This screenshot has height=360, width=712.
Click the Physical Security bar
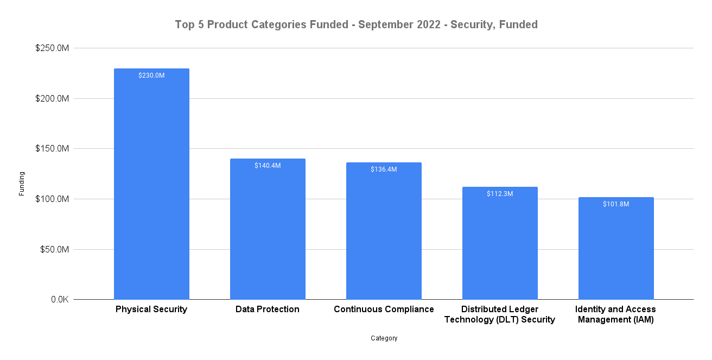click(151, 185)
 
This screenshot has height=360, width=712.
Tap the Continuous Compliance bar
click(384, 231)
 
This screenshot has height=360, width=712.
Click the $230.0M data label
click(151, 75)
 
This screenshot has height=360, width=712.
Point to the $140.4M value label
click(268, 166)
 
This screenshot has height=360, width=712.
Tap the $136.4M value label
click(384, 169)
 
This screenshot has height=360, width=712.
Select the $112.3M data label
click(500, 194)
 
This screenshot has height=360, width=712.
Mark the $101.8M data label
click(616, 204)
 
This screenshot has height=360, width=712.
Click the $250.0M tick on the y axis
click(52, 48)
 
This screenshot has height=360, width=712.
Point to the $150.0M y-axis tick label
click(52, 149)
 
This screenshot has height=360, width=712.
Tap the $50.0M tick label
click(54, 250)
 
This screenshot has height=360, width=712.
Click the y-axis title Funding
click(22, 184)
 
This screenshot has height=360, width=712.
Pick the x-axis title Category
click(384, 338)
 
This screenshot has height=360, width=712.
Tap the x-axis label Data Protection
click(268, 310)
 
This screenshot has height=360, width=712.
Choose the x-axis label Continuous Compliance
click(384, 310)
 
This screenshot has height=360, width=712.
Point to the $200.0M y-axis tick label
click(52, 99)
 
